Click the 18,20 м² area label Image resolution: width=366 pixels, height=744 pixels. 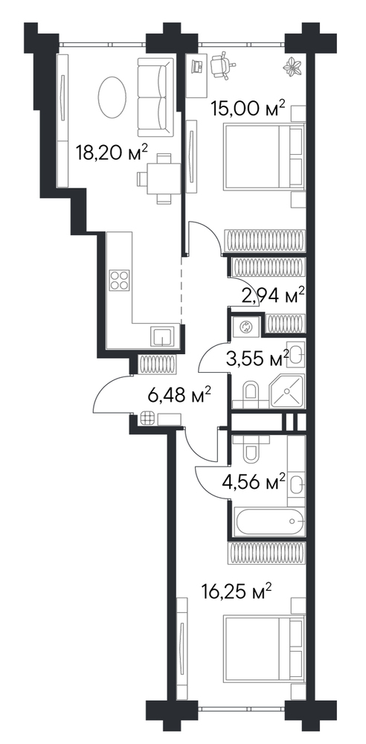[x=112, y=153]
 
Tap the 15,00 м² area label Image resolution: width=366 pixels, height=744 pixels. [x=248, y=109]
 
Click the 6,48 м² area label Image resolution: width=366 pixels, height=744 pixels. [x=179, y=395]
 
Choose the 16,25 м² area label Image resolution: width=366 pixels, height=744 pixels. [x=237, y=591]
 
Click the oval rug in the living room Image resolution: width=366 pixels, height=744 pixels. [x=112, y=97]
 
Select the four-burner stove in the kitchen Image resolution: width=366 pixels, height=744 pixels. [x=119, y=280]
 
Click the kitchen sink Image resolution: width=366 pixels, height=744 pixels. [x=163, y=337]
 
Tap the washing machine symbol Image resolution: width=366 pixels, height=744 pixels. [x=246, y=326]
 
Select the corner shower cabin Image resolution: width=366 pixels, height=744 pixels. [x=286, y=390]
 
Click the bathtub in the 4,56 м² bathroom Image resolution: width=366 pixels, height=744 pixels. [x=269, y=521]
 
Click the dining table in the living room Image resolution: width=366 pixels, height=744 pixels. [x=164, y=179]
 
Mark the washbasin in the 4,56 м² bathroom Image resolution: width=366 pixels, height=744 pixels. [x=296, y=485]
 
